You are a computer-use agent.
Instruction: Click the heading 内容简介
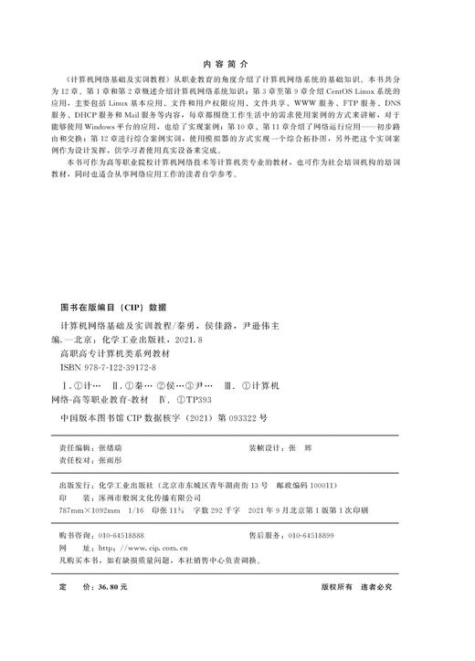pos(237,65)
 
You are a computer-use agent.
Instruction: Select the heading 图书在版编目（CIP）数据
pos(112,307)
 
